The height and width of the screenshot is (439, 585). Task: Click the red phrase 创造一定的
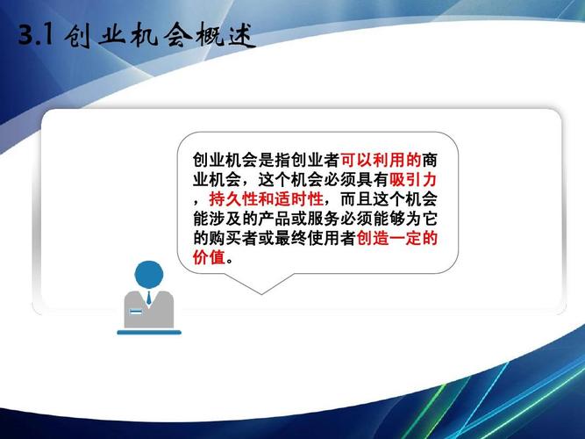pyautogui.click(x=397, y=239)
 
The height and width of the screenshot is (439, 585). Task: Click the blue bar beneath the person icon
pyautogui.click(x=148, y=332)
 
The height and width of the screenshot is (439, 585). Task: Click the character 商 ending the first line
pyautogui.click(x=431, y=161)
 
